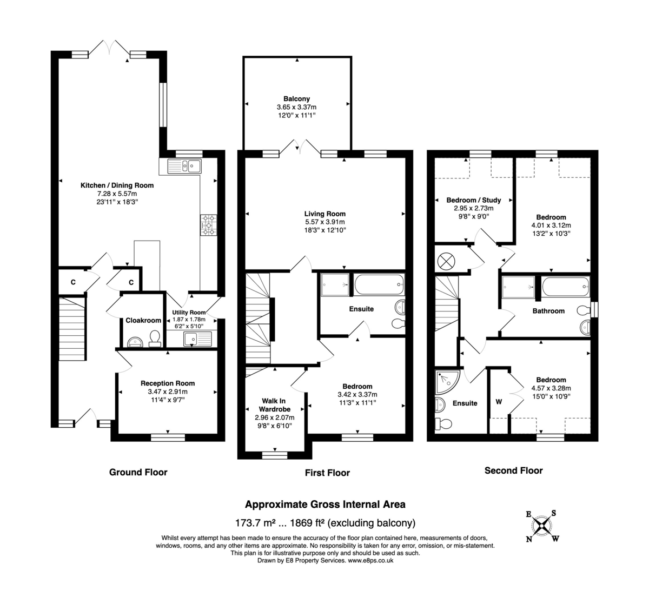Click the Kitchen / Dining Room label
[117, 185]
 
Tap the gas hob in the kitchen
[208, 225]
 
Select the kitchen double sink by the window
[184, 165]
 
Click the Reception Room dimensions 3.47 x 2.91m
[167, 392]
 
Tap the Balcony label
[296, 99]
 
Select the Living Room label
[325, 214]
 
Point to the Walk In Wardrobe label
[274, 405]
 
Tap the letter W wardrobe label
[499, 402]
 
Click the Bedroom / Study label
[474, 200]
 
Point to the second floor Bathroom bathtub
[565, 286]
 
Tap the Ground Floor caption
[138, 472]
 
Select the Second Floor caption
[513, 470]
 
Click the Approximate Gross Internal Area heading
[325, 505]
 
